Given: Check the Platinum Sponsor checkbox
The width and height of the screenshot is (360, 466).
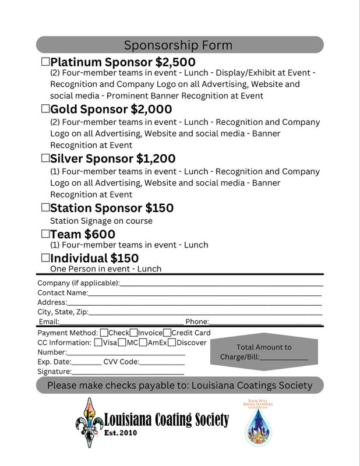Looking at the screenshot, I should (45, 62).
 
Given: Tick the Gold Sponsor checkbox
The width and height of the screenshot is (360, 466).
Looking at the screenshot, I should (45, 109).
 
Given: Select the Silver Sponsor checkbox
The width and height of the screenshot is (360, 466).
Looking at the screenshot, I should (45, 158).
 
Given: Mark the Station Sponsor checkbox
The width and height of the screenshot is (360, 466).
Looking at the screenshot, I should (45, 208).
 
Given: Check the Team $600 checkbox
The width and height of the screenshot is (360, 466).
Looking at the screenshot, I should (45, 234).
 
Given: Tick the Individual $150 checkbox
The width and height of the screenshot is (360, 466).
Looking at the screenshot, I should (45, 258).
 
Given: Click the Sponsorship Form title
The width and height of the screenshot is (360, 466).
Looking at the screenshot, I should (178, 45).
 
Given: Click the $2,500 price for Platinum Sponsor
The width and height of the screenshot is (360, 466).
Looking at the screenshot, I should (175, 62).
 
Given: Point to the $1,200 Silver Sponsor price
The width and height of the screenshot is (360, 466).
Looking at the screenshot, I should (156, 158).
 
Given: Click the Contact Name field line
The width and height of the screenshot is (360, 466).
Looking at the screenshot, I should (204, 294).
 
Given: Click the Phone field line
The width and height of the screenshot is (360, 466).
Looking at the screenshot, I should (265, 322).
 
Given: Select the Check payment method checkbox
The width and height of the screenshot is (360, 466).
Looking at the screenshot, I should (104, 333).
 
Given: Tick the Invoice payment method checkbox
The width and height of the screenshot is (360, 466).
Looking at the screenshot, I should (134, 333).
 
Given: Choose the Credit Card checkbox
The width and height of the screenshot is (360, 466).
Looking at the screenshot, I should (167, 333).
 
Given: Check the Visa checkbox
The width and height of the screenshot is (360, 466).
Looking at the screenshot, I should (97, 343).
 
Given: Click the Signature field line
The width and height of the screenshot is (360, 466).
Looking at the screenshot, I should (128, 372).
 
